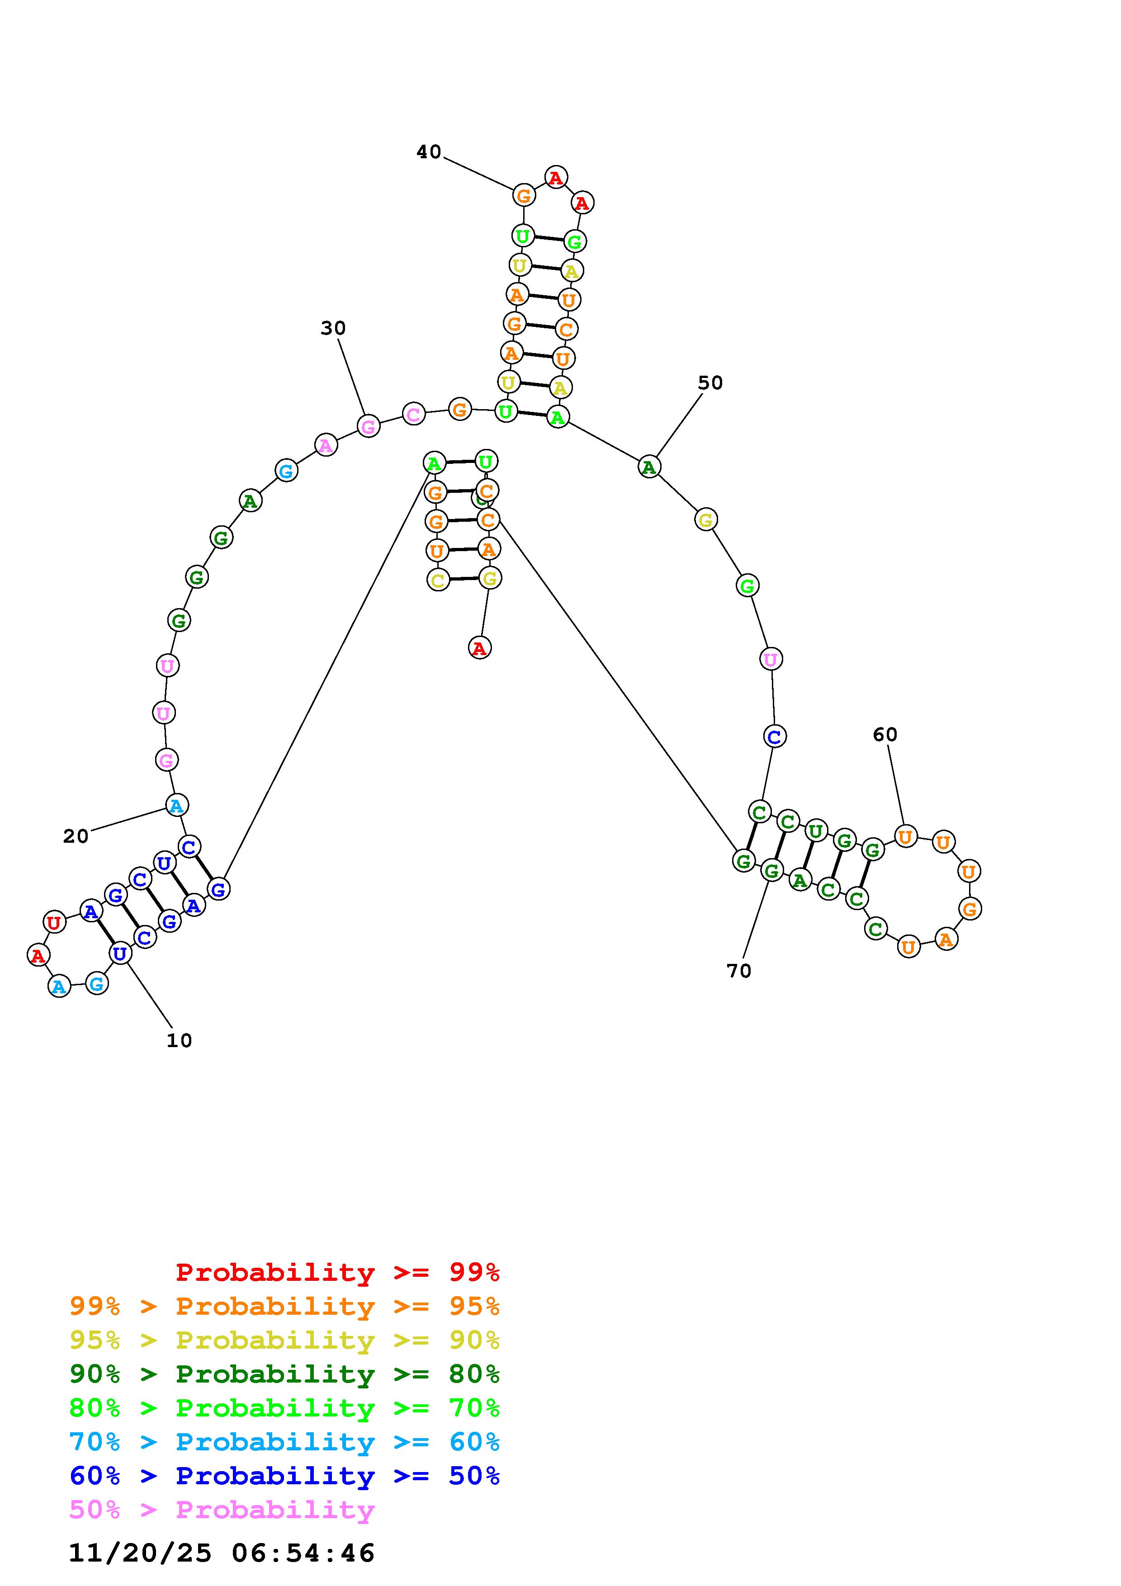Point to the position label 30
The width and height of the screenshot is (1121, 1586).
(333, 328)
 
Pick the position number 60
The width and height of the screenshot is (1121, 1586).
(885, 734)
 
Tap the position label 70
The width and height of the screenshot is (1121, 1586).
(738, 971)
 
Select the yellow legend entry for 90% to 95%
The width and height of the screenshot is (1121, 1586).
(284, 1340)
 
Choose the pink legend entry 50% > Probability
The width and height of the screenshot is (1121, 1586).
(222, 1510)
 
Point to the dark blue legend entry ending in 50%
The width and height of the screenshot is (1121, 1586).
(284, 1476)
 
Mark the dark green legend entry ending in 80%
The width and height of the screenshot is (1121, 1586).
(284, 1374)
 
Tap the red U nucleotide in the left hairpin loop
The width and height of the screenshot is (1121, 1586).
(54, 922)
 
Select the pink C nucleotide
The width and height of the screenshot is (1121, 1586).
(413, 415)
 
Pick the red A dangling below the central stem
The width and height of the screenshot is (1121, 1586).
(479, 648)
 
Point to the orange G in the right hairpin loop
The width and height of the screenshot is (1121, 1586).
(970, 909)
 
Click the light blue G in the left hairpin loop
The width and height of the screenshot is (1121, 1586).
(97, 984)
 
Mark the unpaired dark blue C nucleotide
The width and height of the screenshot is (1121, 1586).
(774, 736)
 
